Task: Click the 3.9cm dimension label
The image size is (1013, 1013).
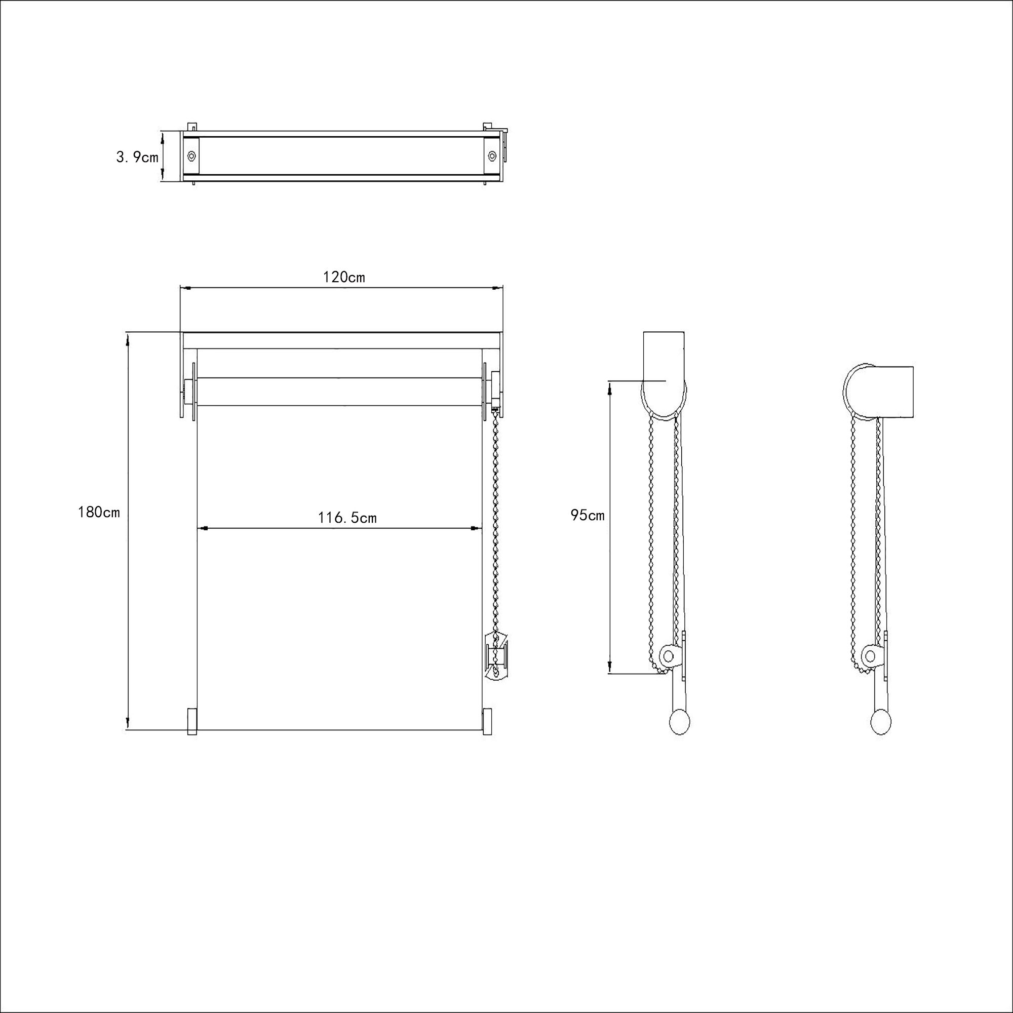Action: [x=137, y=157]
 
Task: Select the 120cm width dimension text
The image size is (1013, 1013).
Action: [x=344, y=277]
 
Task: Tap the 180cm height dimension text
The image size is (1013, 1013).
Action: [x=99, y=512]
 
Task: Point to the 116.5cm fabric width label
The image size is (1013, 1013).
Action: [x=347, y=518]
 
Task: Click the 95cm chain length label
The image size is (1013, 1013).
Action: [x=588, y=516]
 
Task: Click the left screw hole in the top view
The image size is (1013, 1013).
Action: [x=192, y=155]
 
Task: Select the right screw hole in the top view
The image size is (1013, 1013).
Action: [x=492, y=155]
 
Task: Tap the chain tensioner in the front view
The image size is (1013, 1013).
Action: [x=495, y=655]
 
